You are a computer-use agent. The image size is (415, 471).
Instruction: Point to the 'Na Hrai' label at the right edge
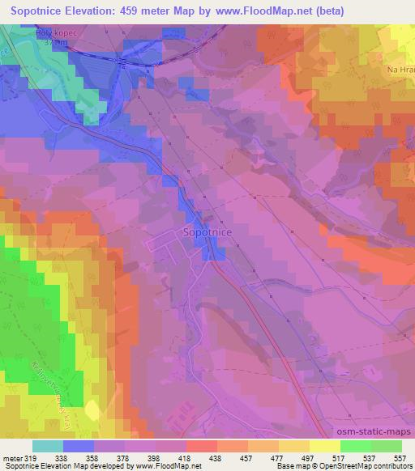click(401, 70)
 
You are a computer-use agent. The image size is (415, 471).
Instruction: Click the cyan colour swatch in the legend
click(47, 446)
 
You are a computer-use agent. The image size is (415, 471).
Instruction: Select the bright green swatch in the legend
click(355, 446)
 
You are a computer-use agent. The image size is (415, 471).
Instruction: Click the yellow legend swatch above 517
click(324, 446)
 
